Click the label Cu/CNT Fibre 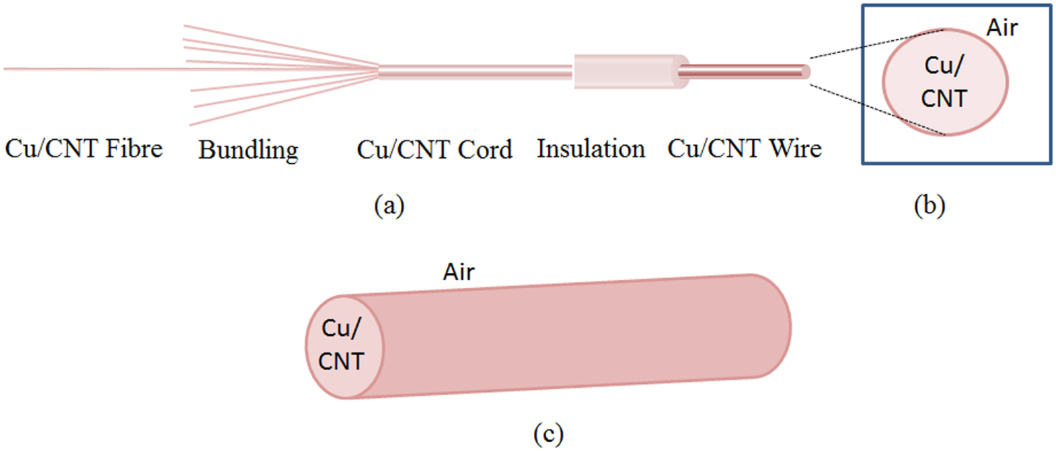[x=83, y=149]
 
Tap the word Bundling [x=248, y=150]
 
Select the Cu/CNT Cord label [x=434, y=149]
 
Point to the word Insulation [x=591, y=149]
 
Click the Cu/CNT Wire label [x=744, y=149]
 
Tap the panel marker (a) [x=389, y=204]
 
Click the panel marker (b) [x=929, y=204]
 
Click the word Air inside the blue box [x=1002, y=28]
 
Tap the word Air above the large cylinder [x=459, y=272]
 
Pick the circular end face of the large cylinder [x=344, y=347]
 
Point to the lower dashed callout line [x=874, y=110]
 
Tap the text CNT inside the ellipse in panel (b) [x=944, y=99]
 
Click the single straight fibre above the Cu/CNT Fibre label [x=87, y=69]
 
